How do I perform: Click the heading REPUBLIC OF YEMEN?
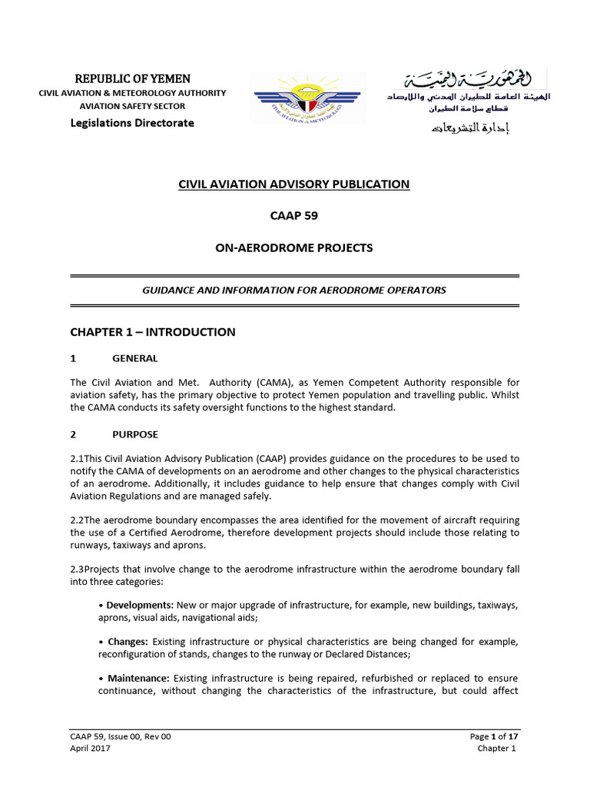(132, 79)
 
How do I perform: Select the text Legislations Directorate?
(132, 123)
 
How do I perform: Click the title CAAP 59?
(294, 216)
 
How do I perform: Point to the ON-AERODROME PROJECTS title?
(294, 247)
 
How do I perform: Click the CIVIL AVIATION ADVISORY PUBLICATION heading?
(294, 184)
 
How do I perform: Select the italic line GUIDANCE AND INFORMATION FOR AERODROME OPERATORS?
(294, 290)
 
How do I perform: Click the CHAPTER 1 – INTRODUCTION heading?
(153, 332)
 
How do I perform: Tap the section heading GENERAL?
(135, 358)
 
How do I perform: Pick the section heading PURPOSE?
(135, 434)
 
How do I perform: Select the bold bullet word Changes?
(127, 642)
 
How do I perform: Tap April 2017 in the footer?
(90, 749)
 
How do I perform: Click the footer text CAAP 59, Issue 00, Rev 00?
(121, 736)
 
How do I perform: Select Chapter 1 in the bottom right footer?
(498, 749)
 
